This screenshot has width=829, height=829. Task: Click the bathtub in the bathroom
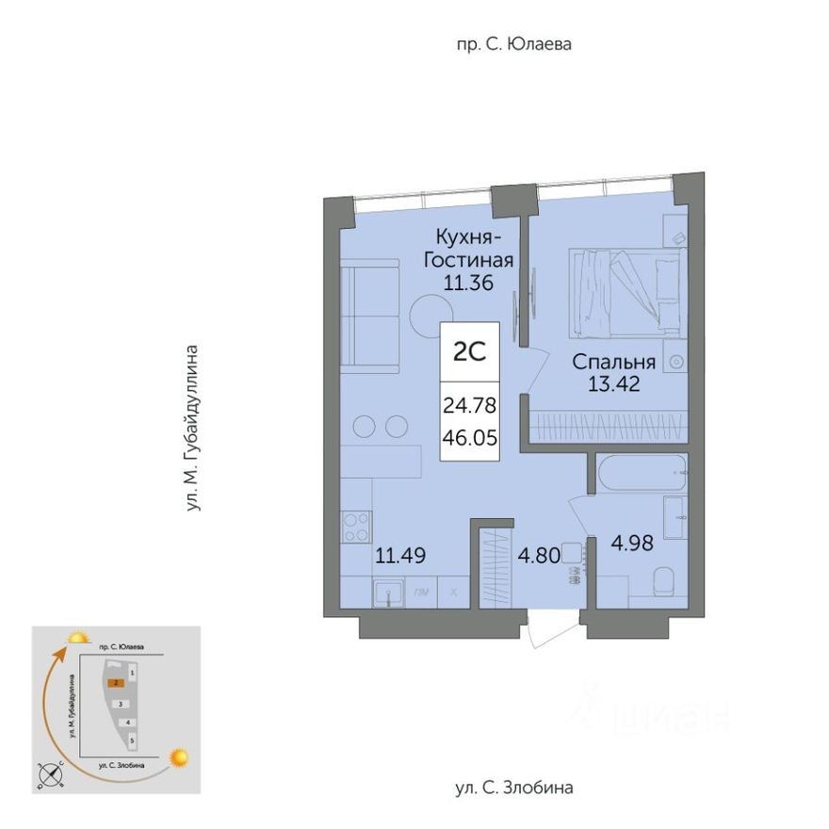click(642, 472)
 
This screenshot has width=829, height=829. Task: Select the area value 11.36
click(468, 280)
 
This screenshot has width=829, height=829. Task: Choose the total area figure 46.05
click(469, 438)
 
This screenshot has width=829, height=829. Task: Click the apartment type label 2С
click(469, 352)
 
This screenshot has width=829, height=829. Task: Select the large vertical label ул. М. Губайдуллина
click(193, 429)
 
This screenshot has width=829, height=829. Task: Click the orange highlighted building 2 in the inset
click(115, 684)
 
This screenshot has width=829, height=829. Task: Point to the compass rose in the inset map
click(51, 774)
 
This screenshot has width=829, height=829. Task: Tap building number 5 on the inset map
click(133, 741)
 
